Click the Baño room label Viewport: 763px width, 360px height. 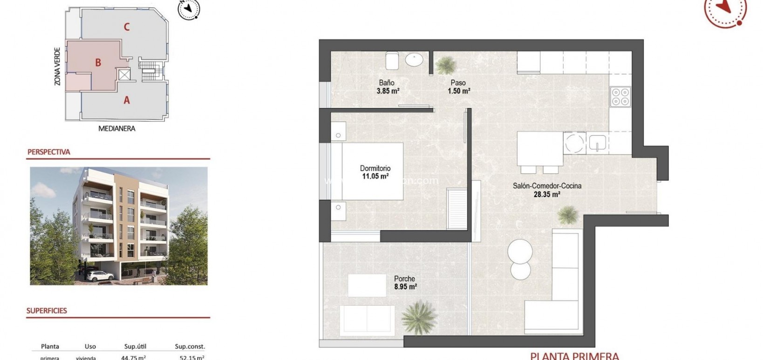pyautogui.click(x=386, y=83)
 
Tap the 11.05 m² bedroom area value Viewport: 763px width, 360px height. pyautogui.click(x=375, y=177)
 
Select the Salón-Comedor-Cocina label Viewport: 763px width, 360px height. pyautogui.click(x=547, y=186)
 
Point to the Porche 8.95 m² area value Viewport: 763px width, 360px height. pyautogui.click(x=405, y=287)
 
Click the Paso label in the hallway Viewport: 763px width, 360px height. pyautogui.click(x=458, y=83)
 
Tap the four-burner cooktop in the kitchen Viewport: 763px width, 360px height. pyautogui.click(x=620, y=96)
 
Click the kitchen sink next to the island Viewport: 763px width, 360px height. pyautogui.click(x=596, y=142)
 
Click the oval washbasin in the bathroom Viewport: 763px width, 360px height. pyautogui.click(x=414, y=60)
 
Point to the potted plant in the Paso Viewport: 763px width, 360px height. pyautogui.click(x=446, y=65)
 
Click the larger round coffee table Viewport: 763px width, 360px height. pyautogui.click(x=520, y=251)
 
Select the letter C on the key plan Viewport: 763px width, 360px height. pyautogui.click(x=126, y=27)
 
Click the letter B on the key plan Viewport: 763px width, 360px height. pyautogui.click(x=98, y=62)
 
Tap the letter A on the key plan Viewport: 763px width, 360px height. pyautogui.click(x=126, y=100)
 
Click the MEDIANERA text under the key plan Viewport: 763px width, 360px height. pyautogui.click(x=117, y=129)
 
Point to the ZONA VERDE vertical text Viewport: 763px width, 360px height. pyautogui.click(x=57, y=66)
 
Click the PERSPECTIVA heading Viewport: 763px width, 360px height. pyautogui.click(x=49, y=152)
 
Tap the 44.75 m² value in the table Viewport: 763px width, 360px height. pyautogui.click(x=135, y=358)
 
